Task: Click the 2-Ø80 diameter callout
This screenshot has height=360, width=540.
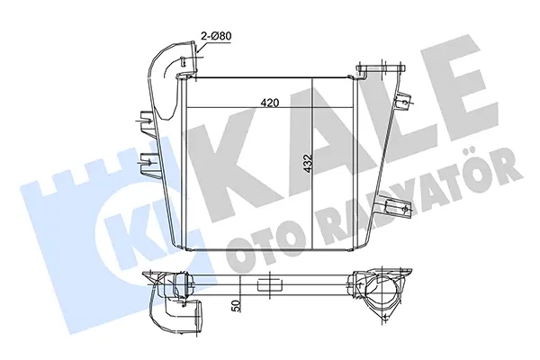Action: pos(216,36)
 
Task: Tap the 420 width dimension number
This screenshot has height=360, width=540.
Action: pos(270,103)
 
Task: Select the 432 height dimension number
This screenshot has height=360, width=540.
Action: pos(308,163)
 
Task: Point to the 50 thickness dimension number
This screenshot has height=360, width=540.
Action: pos(236,306)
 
